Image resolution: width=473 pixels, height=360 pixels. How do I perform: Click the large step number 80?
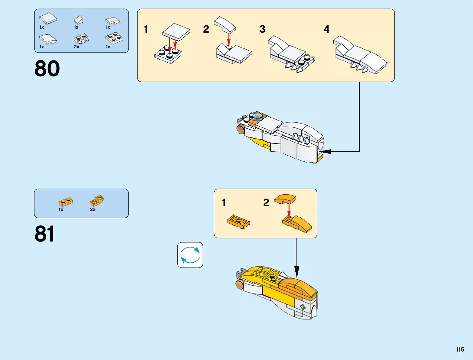pyautogui.click(x=47, y=69)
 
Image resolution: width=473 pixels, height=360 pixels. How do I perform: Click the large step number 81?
pyautogui.click(x=45, y=234)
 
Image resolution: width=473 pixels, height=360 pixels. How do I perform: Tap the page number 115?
pyautogui.click(x=460, y=350)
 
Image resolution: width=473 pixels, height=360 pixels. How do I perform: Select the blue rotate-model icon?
pyautogui.click(x=190, y=255)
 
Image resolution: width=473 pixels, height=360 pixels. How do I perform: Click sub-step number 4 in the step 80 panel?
pyautogui.click(x=326, y=29)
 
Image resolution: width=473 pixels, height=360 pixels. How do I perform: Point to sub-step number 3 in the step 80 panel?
pyautogui.click(x=262, y=29)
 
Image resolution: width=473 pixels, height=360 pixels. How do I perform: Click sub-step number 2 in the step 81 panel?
pyautogui.click(x=266, y=203)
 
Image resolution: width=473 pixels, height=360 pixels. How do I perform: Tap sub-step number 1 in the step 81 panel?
pyautogui.click(x=224, y=203)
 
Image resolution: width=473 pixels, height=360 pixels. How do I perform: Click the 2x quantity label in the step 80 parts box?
pyautogui.click(x=76, y=47)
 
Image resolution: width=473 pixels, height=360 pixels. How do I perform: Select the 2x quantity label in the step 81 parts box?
pyautogui.click(x=92, y=209)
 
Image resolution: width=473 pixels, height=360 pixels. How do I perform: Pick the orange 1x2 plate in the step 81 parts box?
pyautogui.click(x=66, y=201)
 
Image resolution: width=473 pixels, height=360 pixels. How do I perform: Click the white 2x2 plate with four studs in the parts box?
pyautogui.click(x=114, y=38)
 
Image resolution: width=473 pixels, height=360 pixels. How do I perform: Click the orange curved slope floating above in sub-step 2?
pyautogui.click(x=285, y=199)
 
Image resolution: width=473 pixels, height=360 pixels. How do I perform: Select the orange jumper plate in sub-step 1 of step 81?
pyautogui.click(x=238, y=222)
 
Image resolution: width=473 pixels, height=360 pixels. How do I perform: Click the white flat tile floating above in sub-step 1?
pyautogui.click(x=176, y=31)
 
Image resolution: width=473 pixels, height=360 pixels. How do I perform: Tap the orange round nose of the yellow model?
pyautogui.click(x=240, y=284)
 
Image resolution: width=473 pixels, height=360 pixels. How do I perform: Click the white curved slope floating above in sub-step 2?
pyautogui.click(x=225, y=24)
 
